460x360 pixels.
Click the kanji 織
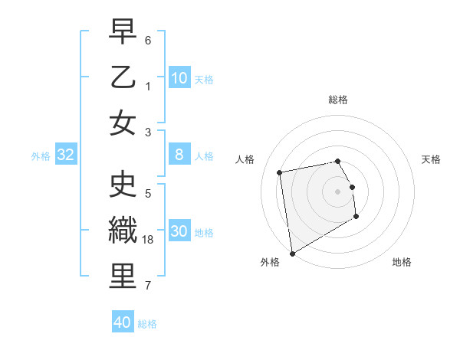pyautogui.click(x=123, y=230)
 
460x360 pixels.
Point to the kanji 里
pyautogui.click(x=123, y=276)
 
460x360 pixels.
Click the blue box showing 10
pyautogui.click(x=179, y=78)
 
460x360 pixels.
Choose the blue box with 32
pyautogui.click(x=65, y=155)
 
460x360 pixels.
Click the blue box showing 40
pyautogui.click(x=123, y=322)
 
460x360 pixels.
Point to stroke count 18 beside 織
pyautogui.click(x=149, y=240)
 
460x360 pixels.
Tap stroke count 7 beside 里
pyautogui.click(x=148, y=286)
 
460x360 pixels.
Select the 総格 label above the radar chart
pyautogui.click(x=338, y=100)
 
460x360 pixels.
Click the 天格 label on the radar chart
pyautogui.click(x=432, y=159)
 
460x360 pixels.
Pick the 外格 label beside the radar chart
pyautogui.click(x=270, y=263)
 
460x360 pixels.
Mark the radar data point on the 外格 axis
pyautogui.click(x=292, y=254)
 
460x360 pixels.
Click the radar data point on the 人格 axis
pyautogui.click(x=280, y=172)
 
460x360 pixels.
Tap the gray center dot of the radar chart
pyautogui.click(x=338, y=191)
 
